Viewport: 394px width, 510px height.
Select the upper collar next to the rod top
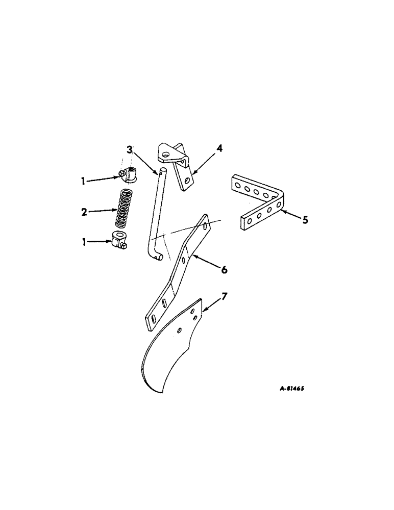click(128, 176)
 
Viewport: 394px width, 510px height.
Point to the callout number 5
click(305, 221)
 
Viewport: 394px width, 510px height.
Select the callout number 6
click(224, 269)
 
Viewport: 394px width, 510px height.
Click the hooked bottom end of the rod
click(158, 257)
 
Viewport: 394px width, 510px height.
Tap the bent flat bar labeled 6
click(176, 275)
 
